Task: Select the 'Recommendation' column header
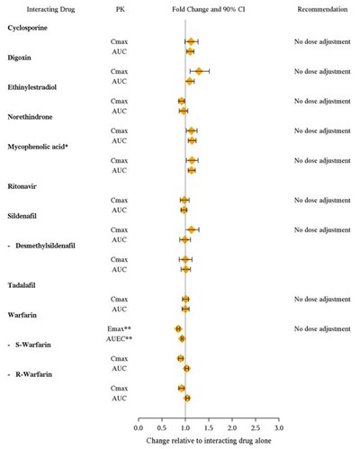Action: click(321, 8)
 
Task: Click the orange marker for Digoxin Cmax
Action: click(198, 71)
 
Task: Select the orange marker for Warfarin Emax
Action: click(178, 329)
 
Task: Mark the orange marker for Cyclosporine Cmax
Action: click(191, 42)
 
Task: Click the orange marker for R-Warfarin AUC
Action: click(187, 398)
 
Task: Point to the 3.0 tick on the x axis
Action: click(278, 420)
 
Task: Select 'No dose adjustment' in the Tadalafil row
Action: click(321, 299)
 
